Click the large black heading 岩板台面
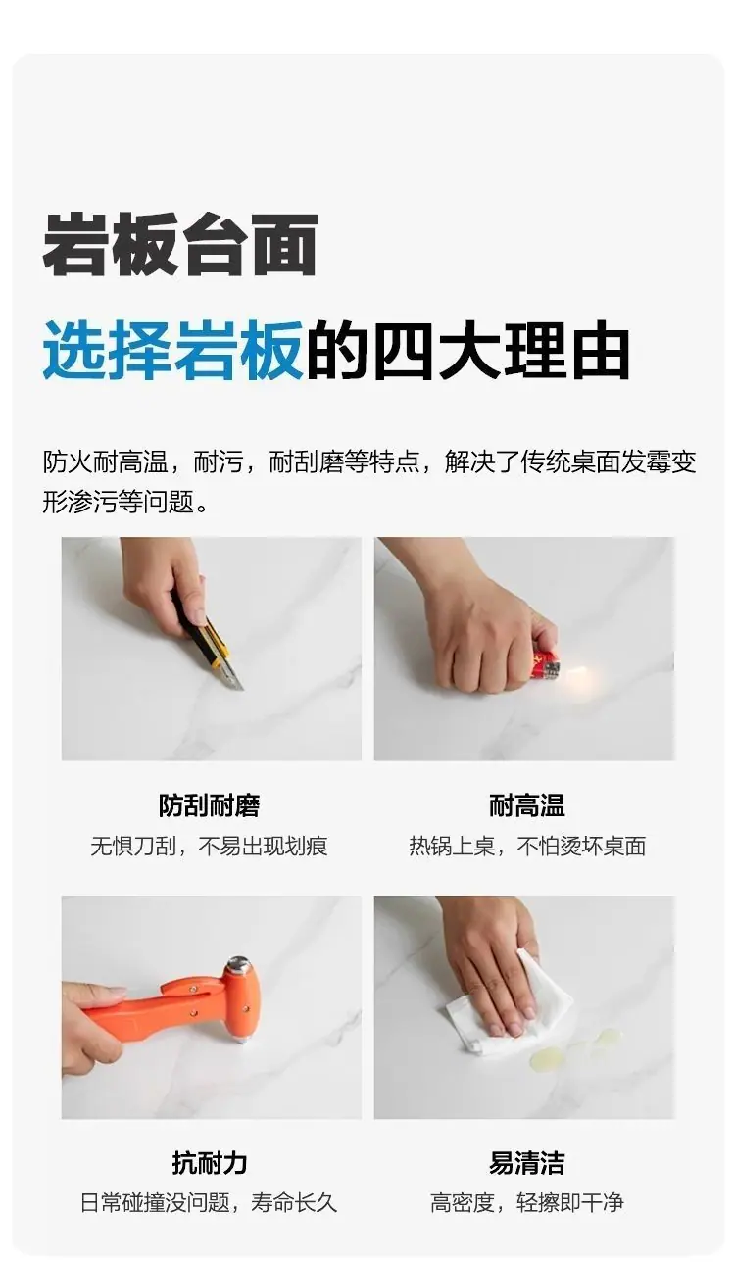click(180, 245)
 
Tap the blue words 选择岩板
click(172, 350)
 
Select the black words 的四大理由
click(467, 350)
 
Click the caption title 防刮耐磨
click(210, 805)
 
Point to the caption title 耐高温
click(527, 805)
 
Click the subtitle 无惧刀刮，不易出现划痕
click(210, 847)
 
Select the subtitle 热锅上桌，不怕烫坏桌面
click(527, 847)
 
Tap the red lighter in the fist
click(544, 664)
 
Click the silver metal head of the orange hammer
click(239, 965)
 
